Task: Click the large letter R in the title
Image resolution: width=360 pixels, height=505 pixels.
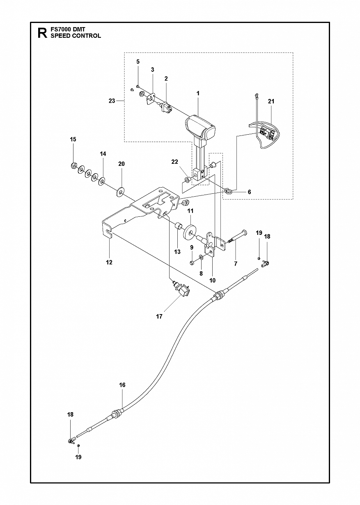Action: (43, 33)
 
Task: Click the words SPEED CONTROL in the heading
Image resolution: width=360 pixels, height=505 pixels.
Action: (76, 36)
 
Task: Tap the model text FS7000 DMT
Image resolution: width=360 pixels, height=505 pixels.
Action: (68, 29)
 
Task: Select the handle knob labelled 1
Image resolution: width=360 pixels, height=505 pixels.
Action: (200, 127)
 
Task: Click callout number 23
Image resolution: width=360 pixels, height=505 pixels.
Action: (112, 101)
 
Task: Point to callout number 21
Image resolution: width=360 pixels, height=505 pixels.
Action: (271, 101)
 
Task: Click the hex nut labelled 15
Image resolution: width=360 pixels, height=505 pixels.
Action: (73, 166)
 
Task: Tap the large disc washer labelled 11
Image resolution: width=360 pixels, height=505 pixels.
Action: (190, 231)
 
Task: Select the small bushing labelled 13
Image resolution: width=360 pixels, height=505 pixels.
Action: (179, 226)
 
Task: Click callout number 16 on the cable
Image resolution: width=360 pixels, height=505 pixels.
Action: (122, 385)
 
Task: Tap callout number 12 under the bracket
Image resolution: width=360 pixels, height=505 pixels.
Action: (109, 262)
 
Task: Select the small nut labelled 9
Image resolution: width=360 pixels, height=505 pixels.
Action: (192, 262)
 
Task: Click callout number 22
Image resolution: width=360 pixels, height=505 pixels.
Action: (175, 162)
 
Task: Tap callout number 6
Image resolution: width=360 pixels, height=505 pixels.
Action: (249, 192)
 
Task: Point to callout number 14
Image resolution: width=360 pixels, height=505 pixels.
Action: (103, 154)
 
